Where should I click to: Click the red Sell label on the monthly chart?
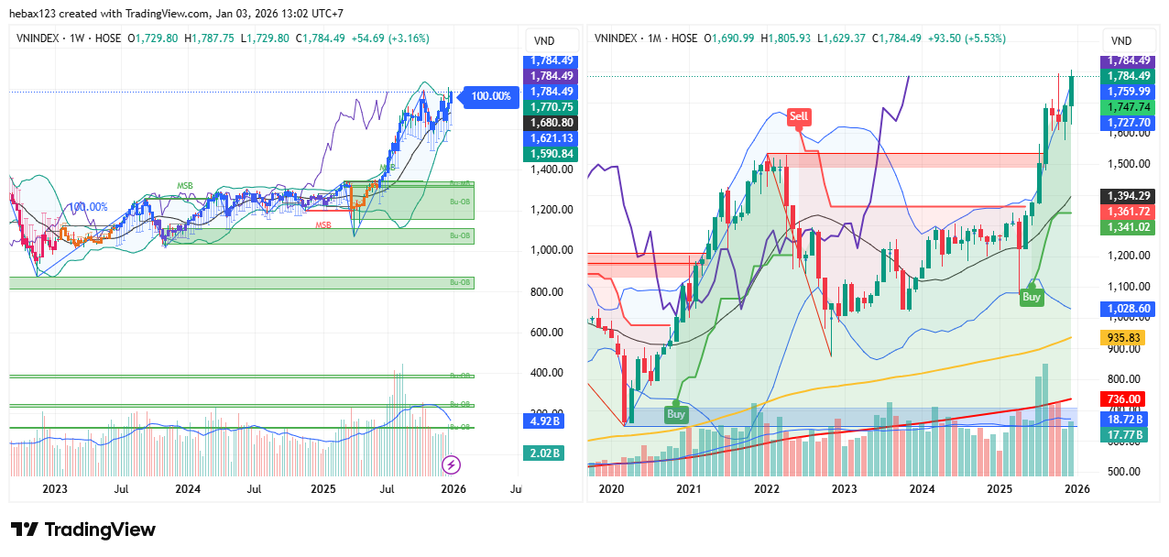[x=799, y=116]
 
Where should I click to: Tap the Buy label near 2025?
[x=1032, y=297]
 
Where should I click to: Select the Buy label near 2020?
[x=676, y=414]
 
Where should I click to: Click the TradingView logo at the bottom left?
[x=83, y=530]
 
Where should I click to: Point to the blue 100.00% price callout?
[x=490, y=95]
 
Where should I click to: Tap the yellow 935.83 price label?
[x=1124, y=337]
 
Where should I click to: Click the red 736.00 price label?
[x=1124, y=399]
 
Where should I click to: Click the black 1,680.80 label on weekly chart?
[x=549, y=122]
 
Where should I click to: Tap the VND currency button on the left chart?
[x=543, y=41]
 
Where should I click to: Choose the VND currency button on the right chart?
[x=1121, y=41]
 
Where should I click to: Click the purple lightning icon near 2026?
[x=451, y=464]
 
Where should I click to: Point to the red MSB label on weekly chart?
[x=323, y=225]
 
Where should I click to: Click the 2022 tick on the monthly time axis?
[x=767, y=489]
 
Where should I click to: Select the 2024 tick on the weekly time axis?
[x=188, y=489]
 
